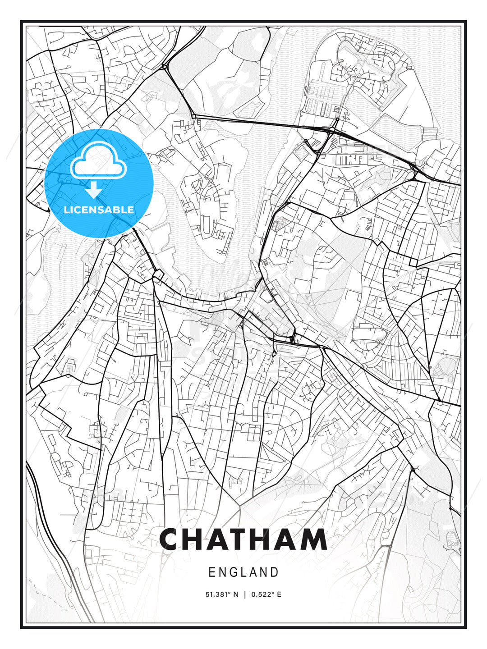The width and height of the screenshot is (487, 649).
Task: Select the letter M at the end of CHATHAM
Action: (x=314, y=539)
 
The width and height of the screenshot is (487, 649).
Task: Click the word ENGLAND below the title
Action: (x=243, y=572)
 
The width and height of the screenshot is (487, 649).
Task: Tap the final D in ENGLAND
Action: (x=275, y=572)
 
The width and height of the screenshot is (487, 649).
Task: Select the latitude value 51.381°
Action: (x=218, y=594)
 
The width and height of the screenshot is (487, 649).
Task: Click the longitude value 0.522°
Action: (x=263, y=594)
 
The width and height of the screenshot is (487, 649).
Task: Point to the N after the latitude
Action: (x=235, y=594)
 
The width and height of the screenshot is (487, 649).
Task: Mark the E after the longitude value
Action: (x=279, y=594)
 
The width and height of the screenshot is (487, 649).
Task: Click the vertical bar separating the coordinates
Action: (x=244, y=594)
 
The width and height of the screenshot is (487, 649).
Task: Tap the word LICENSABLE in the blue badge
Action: (x=99, y=210)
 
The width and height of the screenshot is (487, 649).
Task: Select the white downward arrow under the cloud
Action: (x=94, y=191)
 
